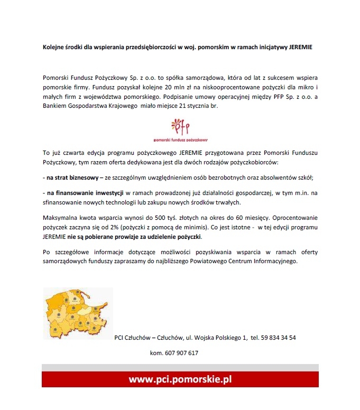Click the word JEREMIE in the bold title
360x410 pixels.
298,47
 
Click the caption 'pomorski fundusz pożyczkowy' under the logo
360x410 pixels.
180,141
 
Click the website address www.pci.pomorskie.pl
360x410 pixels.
180,379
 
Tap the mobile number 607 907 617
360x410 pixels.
182,353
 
